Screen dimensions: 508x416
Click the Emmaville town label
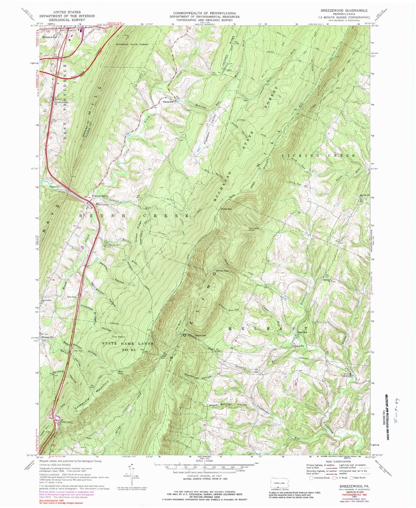47,337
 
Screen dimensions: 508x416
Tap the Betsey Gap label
222,271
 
